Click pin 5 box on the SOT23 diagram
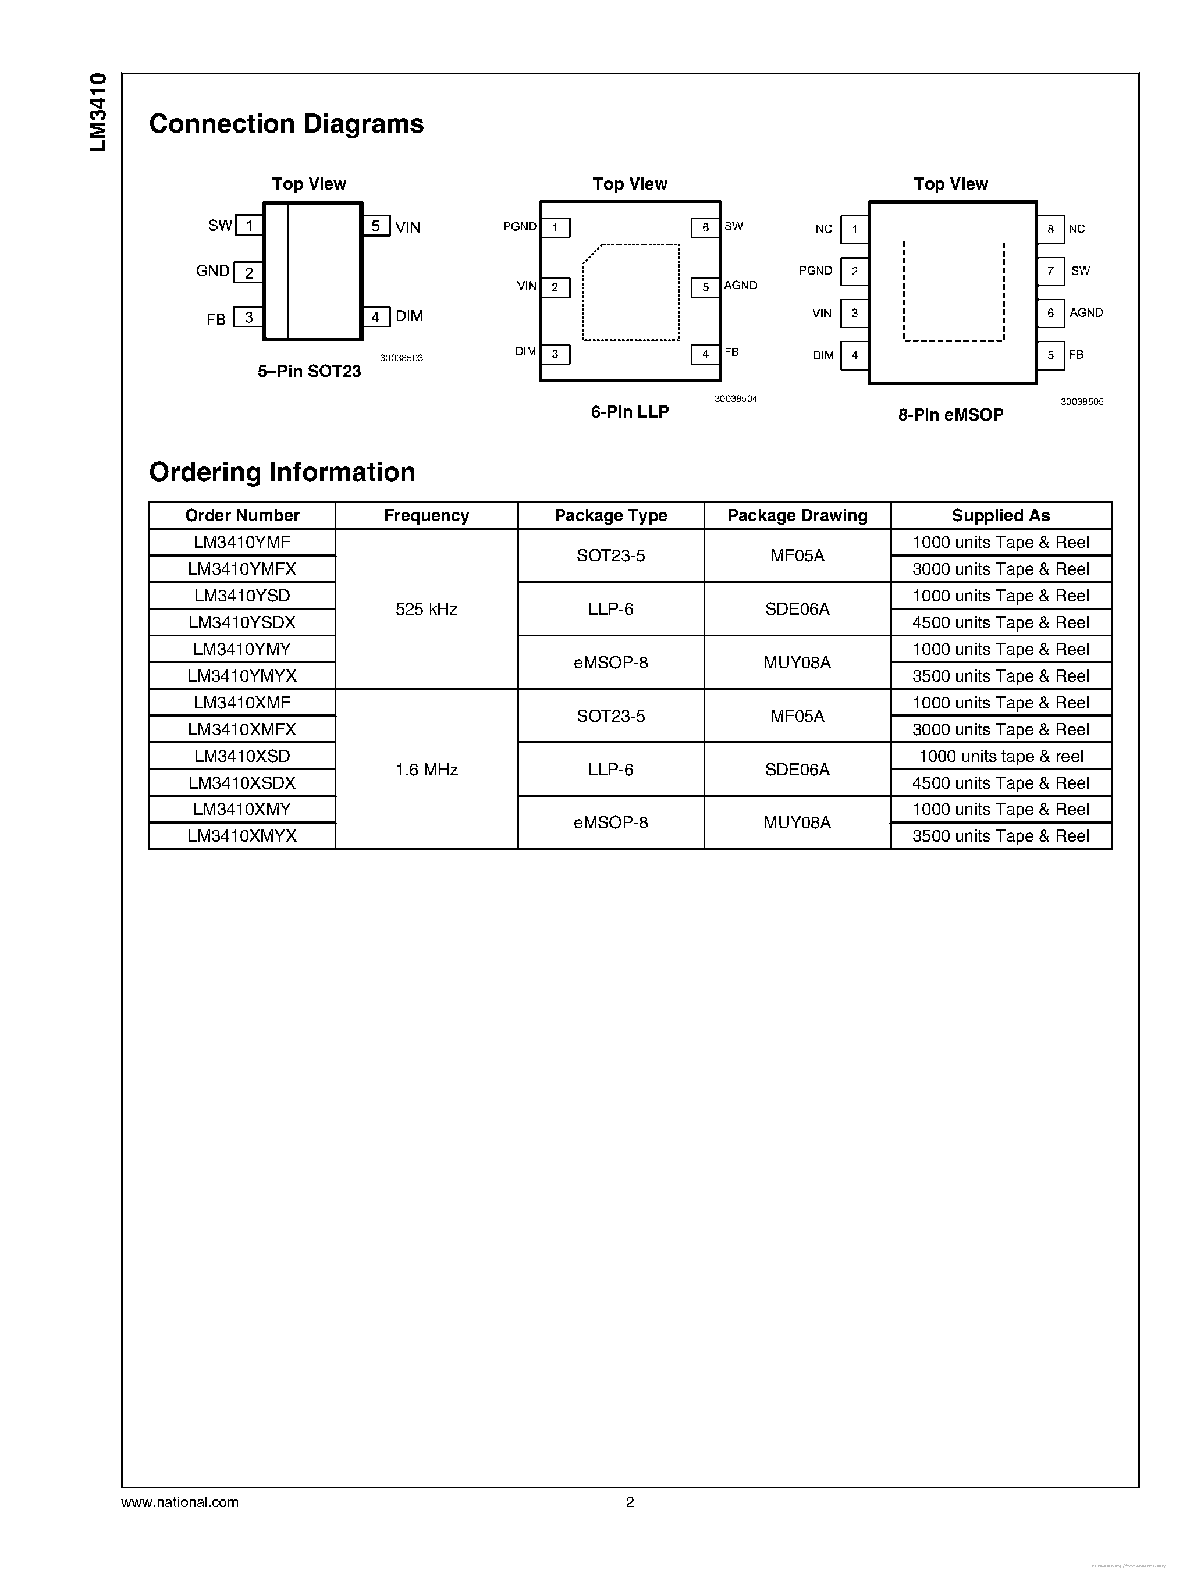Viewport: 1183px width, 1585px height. click(x=376, y=226)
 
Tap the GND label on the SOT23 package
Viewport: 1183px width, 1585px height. click(x=212, y=270)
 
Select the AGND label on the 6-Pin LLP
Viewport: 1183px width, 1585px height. click(x=740, y=285)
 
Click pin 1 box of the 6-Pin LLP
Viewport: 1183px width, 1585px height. click(x=555, y=227)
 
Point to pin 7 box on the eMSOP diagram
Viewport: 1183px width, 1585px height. click(x=1050, y=270)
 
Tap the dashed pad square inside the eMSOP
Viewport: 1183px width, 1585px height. click(x=953, y=291)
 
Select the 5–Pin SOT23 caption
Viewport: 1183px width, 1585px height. click(x=310, y=371)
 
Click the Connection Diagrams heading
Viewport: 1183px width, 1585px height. click(x=286, y=124)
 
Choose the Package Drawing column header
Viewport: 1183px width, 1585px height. click(x=797, y=515)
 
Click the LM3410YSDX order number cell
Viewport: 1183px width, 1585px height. click(x=242, y=622)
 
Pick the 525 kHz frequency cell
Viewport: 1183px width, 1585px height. click(x=426, y=609)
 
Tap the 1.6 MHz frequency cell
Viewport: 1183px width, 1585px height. click(x=426, y=770)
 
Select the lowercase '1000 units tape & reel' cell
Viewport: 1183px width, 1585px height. click(x=1000, y=756)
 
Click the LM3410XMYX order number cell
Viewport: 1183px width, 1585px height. click(x=242, y=836)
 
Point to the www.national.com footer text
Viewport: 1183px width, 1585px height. click(x=180, y=1502)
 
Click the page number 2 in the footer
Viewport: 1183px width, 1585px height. click(x=630, y=1502)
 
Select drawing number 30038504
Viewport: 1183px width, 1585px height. click(x=736, y=399)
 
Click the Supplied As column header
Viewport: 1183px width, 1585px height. click(x=1000, y=515)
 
